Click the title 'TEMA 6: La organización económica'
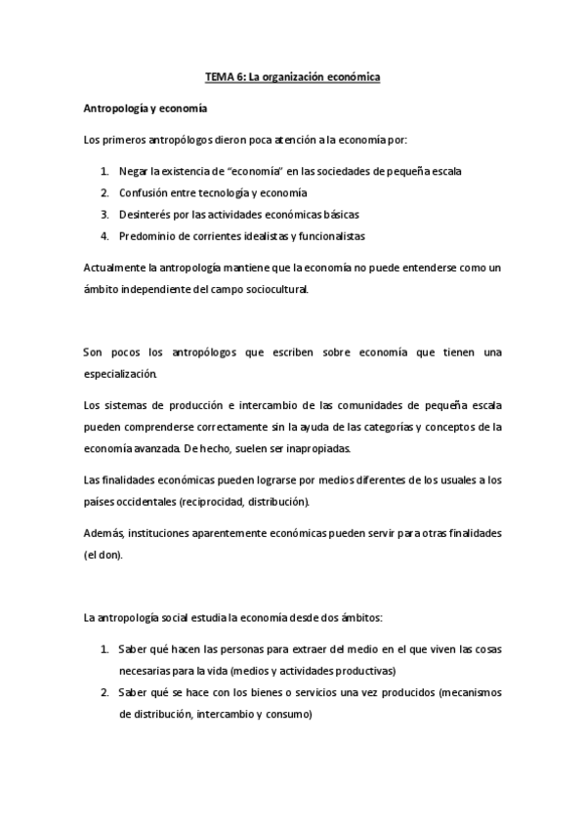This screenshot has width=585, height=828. pyautogui.click(x=292, y=76)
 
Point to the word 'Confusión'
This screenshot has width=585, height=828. pyautogui.click(x=143, y=192)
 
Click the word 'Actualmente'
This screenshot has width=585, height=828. pyautogui.click(x=113, y=267)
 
